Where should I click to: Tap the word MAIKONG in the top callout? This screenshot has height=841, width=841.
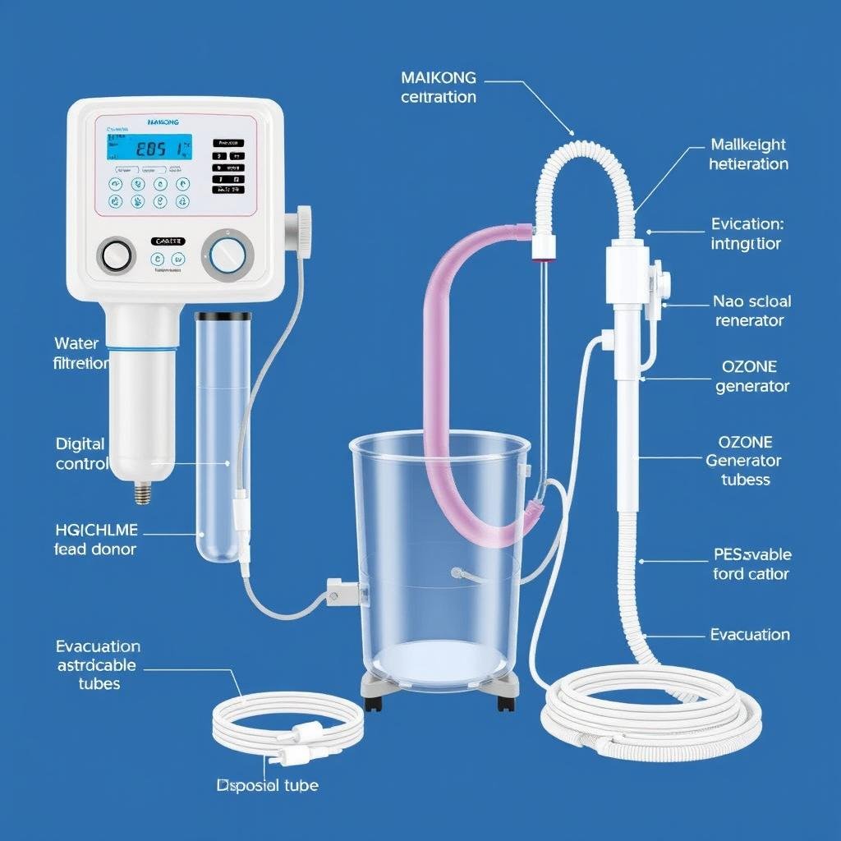(438, 78)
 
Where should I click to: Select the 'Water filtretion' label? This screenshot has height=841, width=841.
(81, 352)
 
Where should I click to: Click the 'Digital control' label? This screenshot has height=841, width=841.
(81, 453)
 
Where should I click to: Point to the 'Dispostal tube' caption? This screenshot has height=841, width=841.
(267, 785)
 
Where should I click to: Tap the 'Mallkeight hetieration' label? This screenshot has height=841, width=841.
(748, 154)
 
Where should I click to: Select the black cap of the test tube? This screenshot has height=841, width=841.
(223, 317)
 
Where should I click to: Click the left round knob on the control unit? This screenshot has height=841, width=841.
(117, 255)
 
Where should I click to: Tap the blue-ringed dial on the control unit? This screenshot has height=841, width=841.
(227, 255)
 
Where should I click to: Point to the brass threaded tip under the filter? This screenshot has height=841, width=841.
(141, 493)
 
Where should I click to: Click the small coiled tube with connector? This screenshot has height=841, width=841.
(287, 723)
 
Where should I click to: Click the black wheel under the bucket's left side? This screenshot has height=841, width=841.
(375, 703)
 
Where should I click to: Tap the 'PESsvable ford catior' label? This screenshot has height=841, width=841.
(751, 564)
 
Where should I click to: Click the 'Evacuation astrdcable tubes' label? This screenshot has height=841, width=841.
(98, 664)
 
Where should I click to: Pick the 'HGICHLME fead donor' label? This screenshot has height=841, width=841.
(95, 539)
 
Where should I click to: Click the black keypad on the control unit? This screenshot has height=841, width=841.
(228, 166)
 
